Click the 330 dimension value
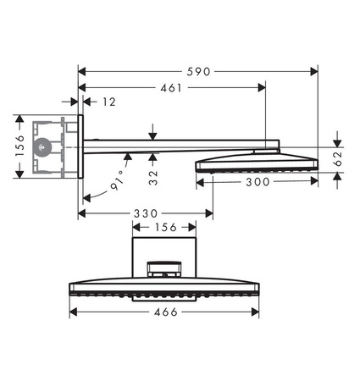pos(136,215)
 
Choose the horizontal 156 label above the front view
pos(166,227)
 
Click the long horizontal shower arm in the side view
pos(178,146)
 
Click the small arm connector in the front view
pos(166,269)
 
